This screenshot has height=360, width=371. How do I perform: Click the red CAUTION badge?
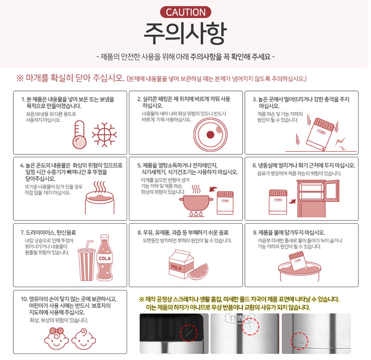pyautogui.click(x=185, y=13)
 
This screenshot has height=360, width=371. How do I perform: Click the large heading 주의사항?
pyautogui.click(x=185, y=34)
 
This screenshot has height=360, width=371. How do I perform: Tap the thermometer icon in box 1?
pyautogui.click(x=79, y=135)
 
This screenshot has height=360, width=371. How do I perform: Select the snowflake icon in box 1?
pyautogui.click(x=104, y=135)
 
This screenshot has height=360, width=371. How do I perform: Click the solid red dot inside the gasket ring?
pyautogui.click(x=211, y=135)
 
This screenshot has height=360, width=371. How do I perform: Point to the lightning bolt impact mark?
pyautogui.click(x=341, y=144)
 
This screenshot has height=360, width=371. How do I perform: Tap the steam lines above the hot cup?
pyautogui.click(x=100, y=187)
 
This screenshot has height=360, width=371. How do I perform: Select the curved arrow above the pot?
pyautogui.click(x=213, y=189)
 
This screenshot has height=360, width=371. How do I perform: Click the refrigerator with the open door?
pyautogui.click(x=318, y=199)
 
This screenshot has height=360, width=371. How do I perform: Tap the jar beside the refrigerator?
pyautogui.click(x=278, y=202)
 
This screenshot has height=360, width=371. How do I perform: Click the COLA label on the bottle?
pyautogui.click(x=105, y=258)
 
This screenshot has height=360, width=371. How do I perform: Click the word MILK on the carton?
pyautogui.click(x=177, y=268)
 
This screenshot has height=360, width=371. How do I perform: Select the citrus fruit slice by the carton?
pyautogui.click(x=198, y=272)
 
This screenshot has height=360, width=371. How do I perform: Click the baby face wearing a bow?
pyautogui.click(x=56, y=339)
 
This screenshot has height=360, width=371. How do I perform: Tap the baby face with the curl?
pyautogui.click(x=84, y=339)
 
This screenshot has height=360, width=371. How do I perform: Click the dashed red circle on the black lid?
pyautogui.click(x=189, y=333)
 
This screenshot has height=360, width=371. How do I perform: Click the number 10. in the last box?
pyautogui.click(x=24, y=299)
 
